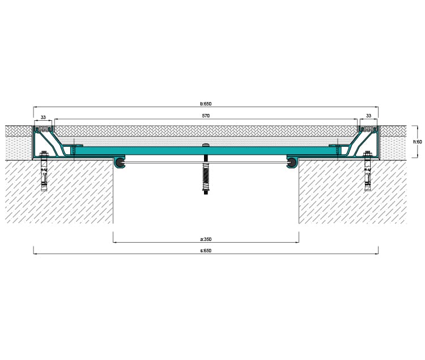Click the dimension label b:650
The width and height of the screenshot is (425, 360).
206,104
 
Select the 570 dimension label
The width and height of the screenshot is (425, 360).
206,116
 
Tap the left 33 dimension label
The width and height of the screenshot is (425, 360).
43,117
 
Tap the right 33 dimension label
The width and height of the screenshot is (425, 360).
368,116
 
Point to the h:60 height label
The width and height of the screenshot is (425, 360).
418,142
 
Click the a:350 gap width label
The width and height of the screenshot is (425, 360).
206,239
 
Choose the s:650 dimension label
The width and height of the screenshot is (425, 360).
206,251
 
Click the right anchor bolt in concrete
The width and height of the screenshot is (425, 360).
368,171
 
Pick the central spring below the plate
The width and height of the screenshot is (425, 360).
206,175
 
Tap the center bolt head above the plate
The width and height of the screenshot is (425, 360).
206,145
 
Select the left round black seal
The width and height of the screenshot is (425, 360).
119,163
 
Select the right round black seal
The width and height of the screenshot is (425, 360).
292,163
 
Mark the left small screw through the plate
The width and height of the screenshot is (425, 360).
74,149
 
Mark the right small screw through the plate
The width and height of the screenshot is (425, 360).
338,149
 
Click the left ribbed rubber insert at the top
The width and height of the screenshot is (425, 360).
43,129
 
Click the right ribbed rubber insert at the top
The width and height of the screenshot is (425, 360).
368,129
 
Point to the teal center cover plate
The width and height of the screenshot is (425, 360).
206,151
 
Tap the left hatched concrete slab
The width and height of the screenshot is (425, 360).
59,192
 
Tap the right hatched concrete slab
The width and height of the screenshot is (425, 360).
352,192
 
